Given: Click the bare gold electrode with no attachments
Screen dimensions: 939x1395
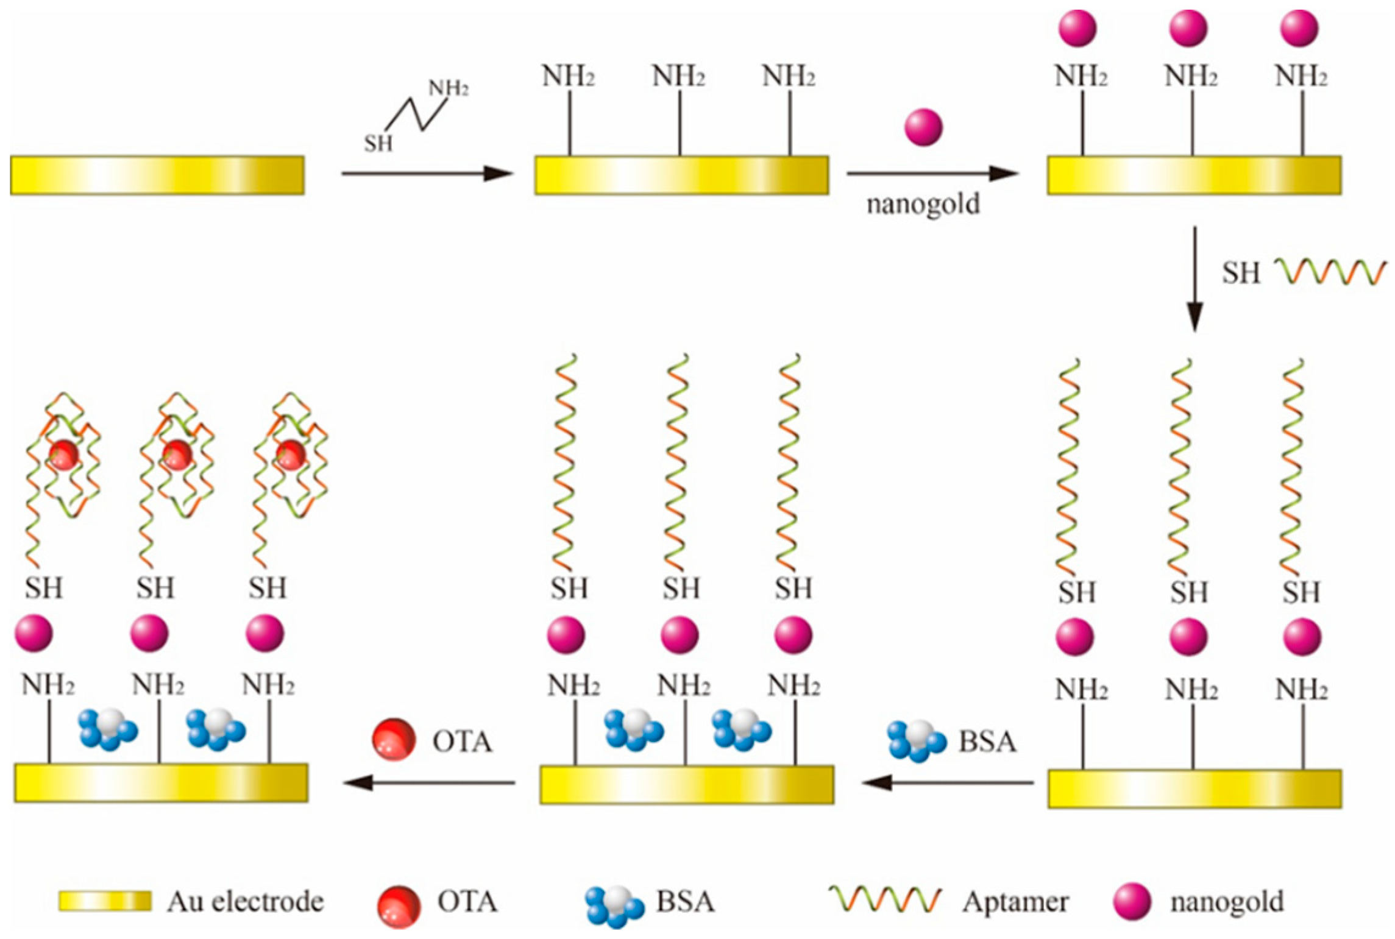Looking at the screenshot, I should coord(157,175).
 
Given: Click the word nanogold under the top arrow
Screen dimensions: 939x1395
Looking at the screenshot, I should coord(923,204).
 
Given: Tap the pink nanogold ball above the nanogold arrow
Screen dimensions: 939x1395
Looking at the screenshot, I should coord(923,127).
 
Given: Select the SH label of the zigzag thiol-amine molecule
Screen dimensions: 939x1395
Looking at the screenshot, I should coord(378,144).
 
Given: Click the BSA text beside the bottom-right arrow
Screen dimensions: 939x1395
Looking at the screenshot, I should coord(987,742).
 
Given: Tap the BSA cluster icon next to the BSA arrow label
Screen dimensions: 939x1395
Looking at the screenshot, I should coord(917,741).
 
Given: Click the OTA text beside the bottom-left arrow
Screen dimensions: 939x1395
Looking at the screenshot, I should coord(462,742).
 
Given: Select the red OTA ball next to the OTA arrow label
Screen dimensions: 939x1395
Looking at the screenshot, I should coord(394,740).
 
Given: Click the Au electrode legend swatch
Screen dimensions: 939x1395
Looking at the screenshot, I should coord(105,901).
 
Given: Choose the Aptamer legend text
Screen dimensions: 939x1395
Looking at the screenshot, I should coord(1015,902).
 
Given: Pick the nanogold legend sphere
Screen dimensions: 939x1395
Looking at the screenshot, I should coord(1132,901).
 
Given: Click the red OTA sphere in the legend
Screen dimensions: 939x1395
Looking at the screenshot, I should coord(399,906).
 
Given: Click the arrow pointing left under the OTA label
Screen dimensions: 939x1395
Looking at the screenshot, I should coord(429,782).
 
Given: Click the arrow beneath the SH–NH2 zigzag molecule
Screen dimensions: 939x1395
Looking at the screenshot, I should coord(427,174).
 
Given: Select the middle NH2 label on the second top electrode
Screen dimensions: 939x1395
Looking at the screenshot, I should coord(678,77).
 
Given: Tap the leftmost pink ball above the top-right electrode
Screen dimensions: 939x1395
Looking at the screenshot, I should coord(1077,28).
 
